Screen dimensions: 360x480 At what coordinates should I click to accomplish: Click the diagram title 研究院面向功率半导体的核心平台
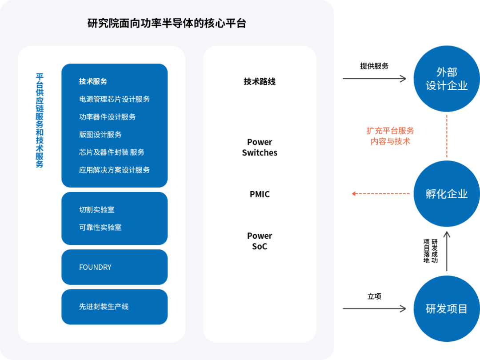167,24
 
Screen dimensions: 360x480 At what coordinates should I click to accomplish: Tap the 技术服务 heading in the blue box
93,81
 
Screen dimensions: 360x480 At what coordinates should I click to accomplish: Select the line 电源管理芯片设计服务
114,99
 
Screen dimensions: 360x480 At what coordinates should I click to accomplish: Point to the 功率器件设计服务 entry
107,117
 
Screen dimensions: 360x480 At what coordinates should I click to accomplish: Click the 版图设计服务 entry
100,135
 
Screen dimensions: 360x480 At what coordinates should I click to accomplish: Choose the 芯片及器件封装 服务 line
112,152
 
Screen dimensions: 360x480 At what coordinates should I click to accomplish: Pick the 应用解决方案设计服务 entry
114,170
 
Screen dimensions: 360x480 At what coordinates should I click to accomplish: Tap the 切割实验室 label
96,210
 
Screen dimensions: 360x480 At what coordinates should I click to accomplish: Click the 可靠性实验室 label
100,228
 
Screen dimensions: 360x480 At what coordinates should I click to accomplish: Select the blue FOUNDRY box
114,267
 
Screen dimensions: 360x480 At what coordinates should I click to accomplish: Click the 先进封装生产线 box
114,307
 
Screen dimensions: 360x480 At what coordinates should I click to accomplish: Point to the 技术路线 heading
260,81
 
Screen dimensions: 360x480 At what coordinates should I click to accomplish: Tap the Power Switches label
260,147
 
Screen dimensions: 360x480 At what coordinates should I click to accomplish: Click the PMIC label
260,194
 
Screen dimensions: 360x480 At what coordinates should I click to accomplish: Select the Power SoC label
260,241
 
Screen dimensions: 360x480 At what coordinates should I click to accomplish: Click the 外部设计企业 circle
447,79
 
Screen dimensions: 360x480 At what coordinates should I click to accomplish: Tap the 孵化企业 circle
447,194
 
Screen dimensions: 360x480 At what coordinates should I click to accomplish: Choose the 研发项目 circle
447,308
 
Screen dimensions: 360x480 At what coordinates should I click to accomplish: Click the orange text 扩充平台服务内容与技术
390,136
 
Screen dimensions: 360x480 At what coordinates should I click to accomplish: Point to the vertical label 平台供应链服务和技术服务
40,120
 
